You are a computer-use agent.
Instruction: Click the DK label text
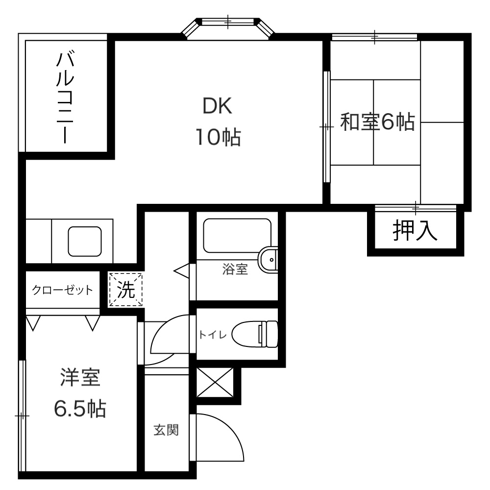pyautogui.click(x=217, y=106)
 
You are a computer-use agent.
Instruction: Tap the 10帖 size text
pyautogui.click(x=218, y=137)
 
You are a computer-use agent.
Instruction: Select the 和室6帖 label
pyautogui.click(x=377, y=122)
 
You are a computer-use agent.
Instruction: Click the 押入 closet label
pyautogui.click(x=415, y=230)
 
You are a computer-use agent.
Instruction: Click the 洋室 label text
pyautogui.click(x=80, y=377)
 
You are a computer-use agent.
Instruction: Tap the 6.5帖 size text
pyautogui.click(x=80, y=409)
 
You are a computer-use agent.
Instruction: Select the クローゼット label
pyautogui.click(x=63, y=290)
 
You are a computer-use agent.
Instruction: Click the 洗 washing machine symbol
pyautogui.click(x=125, y=290)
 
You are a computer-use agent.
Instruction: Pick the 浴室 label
pyautogui.click(x=235, y=269)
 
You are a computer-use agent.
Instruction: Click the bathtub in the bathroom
pyautogui.click(x=237, y=236)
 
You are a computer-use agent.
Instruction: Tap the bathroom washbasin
pyautogui.click(x=268, y=260)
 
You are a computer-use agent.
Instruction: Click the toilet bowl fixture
pyautogui.click(x=255, y=334)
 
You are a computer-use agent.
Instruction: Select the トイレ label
pyautogui.click(x=213, y=335)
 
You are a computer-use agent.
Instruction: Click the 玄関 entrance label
pyautogui.click(x=166, y=430)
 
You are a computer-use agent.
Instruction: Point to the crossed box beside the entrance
pyautogui.click(x=215, y=383)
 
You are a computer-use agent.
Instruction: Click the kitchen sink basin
pyautogui.click(x=85, y=241)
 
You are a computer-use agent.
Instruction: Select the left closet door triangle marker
pyautogui.click(x=33, y=323)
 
